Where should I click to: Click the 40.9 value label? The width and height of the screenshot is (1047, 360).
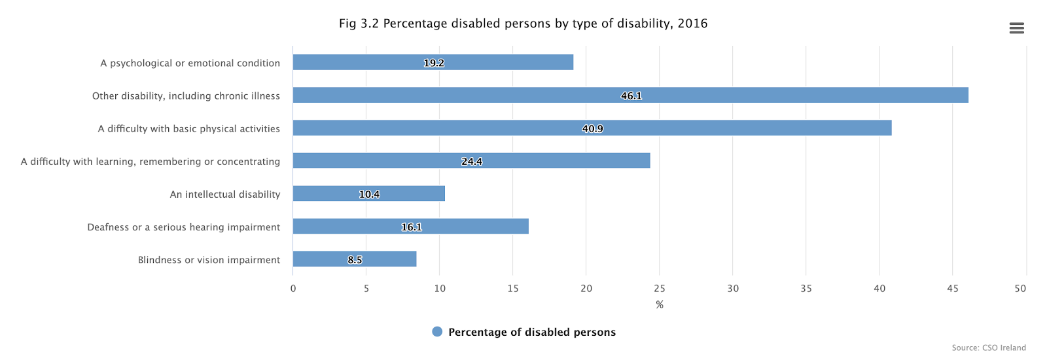[x=592, y=128]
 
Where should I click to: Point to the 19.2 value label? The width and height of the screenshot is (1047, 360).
[x=434, y=63]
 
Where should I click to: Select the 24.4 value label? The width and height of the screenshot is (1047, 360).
[x=472, y=161]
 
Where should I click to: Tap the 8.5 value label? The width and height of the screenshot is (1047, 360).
[x=355, y=260]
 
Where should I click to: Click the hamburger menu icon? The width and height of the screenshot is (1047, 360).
[x=1016, y=28]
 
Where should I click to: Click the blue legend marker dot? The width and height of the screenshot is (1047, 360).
[x=437, y=332]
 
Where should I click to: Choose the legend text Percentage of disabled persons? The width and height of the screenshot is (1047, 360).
[x=532, y=332]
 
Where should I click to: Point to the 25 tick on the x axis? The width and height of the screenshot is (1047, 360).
[x=660, y=289]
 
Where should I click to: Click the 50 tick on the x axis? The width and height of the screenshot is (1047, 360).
[x=1020, y=289]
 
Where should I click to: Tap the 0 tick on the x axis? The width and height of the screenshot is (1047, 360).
[x=293, y=289]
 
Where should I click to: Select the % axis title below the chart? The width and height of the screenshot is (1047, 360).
[x=660, y=305]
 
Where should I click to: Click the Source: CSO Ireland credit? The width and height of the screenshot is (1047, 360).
[x=989, y=348]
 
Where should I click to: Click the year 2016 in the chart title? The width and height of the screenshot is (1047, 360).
[x=692, y=24]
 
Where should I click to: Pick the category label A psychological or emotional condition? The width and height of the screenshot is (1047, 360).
[x=190, y=63]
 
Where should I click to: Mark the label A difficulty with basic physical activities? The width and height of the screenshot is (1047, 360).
[x=188, y=128]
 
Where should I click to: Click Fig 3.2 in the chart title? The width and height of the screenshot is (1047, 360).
[x=359, y=24]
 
